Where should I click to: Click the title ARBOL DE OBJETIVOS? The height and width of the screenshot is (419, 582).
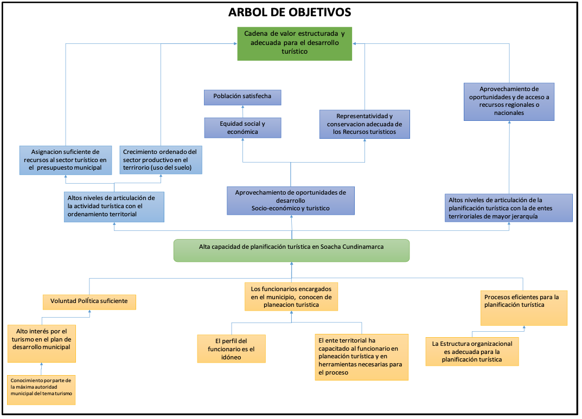point(290,12)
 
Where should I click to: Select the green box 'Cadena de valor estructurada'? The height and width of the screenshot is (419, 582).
point(295,44)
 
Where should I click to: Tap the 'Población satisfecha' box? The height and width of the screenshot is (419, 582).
point(242,97)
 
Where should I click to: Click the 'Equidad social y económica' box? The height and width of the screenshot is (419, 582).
point(242,127)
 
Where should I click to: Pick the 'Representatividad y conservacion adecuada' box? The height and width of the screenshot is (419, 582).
point(364,124)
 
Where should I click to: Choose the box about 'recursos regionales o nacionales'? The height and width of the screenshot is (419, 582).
point(509,101)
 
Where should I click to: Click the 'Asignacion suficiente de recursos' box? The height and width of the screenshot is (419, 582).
point(65,160)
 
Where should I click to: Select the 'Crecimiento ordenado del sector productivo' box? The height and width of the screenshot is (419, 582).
point(161,160)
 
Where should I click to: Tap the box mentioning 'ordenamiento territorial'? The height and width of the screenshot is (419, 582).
point(114,207)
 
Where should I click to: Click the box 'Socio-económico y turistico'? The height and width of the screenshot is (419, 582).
point(291,201)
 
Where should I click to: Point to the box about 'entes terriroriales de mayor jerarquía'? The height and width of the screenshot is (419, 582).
point(509,208)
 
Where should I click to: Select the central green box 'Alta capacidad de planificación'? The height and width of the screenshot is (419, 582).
point(291,250)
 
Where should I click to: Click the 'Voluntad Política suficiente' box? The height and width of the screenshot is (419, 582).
point(89,302)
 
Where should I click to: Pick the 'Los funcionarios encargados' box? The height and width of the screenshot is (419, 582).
point(291,296)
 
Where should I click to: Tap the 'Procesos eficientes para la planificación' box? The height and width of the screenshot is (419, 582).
point(524,308)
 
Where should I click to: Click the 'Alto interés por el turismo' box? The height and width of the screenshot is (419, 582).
point(42,343)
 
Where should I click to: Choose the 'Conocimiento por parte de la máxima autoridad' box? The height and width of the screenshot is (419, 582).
point(41,390)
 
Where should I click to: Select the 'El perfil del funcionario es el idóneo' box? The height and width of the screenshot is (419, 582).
point(231,349)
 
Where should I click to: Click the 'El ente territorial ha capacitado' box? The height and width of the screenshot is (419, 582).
point(362,357)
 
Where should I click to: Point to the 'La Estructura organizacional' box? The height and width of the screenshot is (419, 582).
point(472,351)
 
